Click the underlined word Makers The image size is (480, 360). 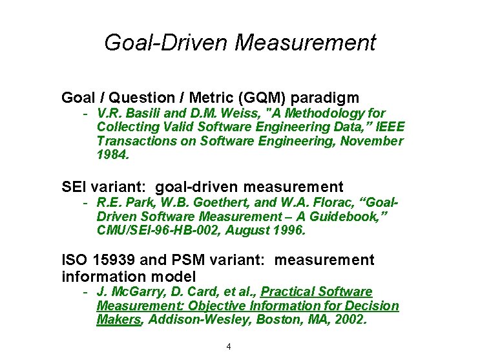point(118,319)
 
